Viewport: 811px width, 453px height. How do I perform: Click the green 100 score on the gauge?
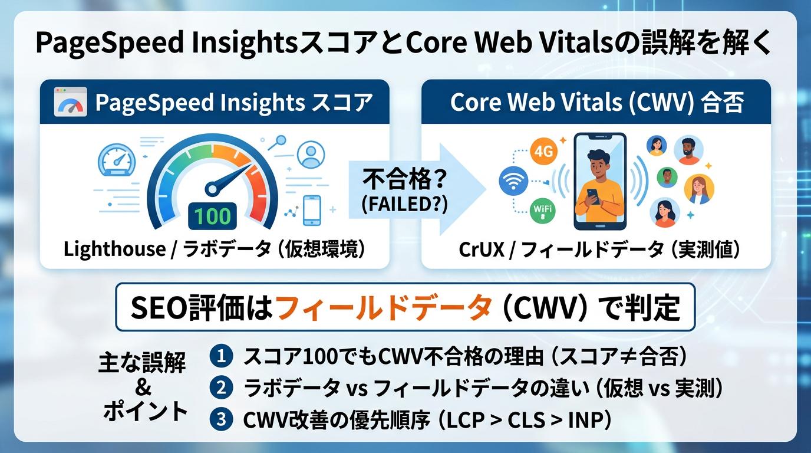coord(213,215)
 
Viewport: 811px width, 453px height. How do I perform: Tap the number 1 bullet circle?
coord(222,356)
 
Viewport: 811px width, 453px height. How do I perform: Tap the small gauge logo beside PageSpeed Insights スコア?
coord(70,102)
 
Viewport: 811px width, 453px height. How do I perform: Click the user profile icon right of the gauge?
coord(311,155)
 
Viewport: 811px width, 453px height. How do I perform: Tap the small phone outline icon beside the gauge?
coord(311,211)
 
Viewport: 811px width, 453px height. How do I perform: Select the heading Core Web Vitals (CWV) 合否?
coord(596,102)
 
